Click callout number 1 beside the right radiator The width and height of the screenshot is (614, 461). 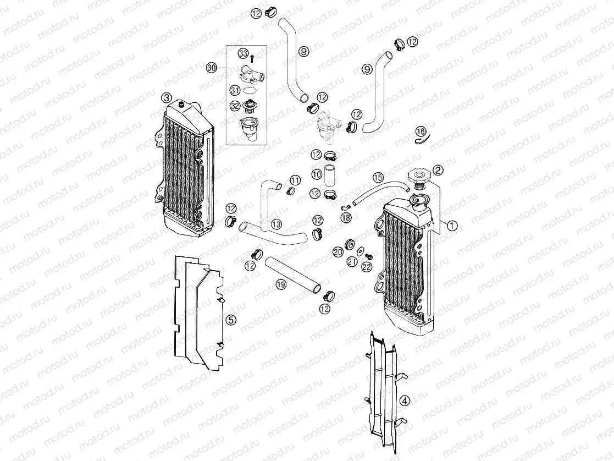pyautogui.click(x=452, y=224)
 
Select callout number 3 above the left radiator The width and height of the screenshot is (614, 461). pyautogui.click(x=167, y=98)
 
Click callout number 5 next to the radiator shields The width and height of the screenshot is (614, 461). pyautogui.click(x=231, y=319)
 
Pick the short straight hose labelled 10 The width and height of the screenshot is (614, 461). pyautogui.click(x=331, y=174)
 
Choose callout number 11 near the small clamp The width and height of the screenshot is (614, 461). pyautogui.click(x=295, y=180)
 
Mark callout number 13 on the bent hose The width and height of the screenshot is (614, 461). pyautogui.click(x=276, y=224)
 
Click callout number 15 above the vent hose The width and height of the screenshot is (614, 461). pyautogui.click(x=377, y=177)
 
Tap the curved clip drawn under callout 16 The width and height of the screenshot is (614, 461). pyautogui.click(x=421, y=141)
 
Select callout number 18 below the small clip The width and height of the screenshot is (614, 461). pyautogui.click(x=345, y=218)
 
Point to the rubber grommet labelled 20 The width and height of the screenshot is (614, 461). pyautogui.click(x=349, y=244)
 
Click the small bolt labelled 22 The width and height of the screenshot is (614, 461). pyautogui.click(x=369, y=256)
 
